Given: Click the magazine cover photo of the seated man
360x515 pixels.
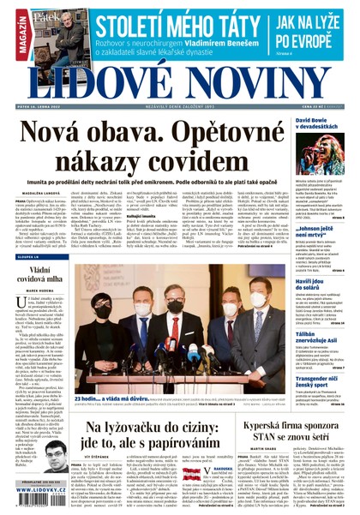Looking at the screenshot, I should coord(60,33).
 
